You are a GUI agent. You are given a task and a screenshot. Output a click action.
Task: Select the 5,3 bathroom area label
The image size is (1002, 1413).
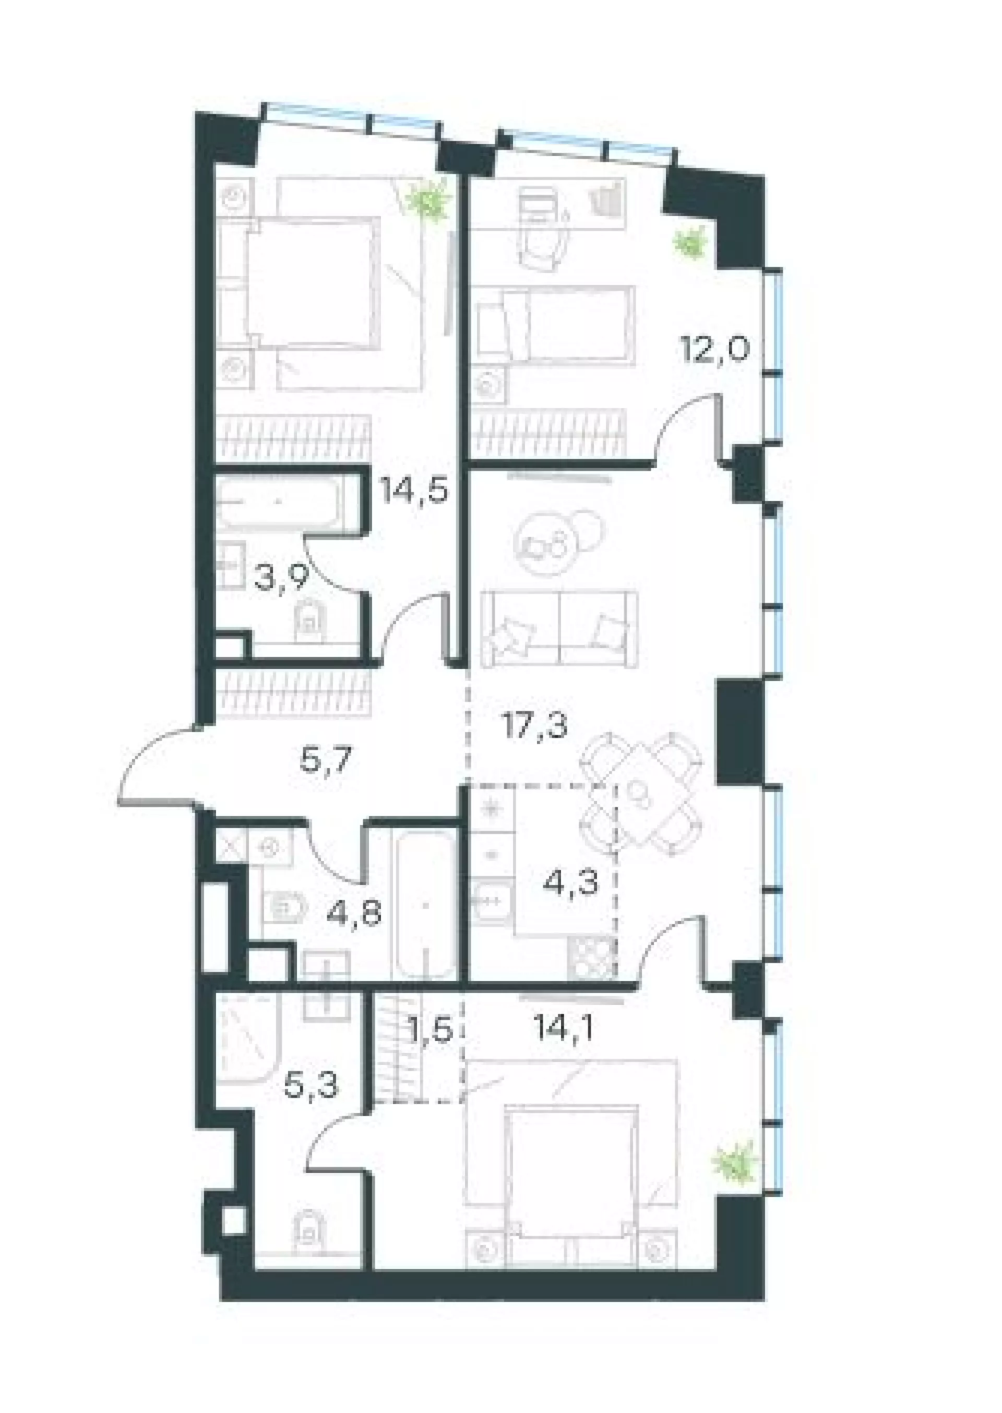[x=312, y=1085]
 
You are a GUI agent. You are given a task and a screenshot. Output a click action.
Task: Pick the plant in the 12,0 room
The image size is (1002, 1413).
[x=690, y=243]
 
